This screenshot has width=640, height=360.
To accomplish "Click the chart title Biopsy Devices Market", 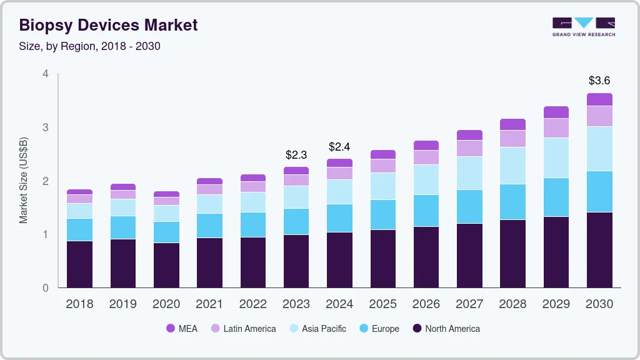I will pos(108,25).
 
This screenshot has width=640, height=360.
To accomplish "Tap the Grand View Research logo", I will pos(584,26).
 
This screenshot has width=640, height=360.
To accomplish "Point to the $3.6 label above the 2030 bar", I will pos(599,81).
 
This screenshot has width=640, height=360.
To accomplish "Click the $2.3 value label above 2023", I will pos(296,154).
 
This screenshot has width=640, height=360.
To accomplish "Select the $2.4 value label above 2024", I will pos(339,147).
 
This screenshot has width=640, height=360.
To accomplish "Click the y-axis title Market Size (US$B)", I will pos(24,180).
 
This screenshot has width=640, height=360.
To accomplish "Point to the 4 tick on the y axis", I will pos(45,74).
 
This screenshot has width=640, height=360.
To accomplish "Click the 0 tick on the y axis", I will pos(45,288).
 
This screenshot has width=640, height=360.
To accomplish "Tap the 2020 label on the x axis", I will pos(166,304).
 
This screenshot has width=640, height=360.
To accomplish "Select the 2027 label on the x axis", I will pos(469,304).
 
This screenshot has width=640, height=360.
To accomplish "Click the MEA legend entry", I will pos(181,329).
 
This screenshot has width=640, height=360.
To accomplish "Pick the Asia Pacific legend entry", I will pos(317,329).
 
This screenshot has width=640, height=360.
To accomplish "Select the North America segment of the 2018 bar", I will pos(79,264).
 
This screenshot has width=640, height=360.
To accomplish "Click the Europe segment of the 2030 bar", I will pos(599,191).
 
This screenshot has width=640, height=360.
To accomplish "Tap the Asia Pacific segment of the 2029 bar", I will pos(556,157).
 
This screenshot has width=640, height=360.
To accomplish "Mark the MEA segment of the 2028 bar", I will pos(512,124).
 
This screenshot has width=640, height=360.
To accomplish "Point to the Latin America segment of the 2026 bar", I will pos(426,157).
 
